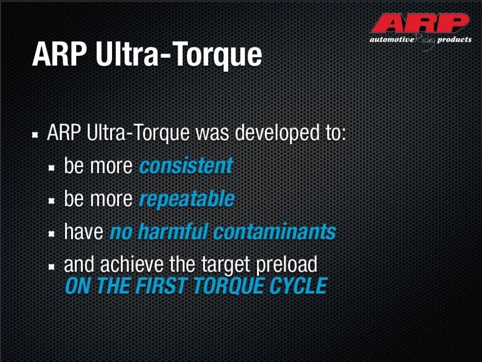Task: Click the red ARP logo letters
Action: (x=420, y=23)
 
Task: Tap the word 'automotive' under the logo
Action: (x=392, y=40)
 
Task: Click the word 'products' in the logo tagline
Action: (x=454, y=40)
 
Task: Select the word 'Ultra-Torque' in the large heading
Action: (x=178, y=55)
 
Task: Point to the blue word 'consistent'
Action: (x=186, y=165)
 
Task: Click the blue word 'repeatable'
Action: (x=186, y=199)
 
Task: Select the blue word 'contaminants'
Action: (x=274, y=231)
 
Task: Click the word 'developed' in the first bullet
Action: (x=277, y=133)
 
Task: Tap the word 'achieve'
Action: (x=132, y=264)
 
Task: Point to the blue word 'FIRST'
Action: (x=161, y=286)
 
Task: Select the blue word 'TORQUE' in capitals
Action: (x=228, y=286)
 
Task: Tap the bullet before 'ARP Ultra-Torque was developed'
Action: (x=35, y=135)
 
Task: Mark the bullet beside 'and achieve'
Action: (x=52, y=267)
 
